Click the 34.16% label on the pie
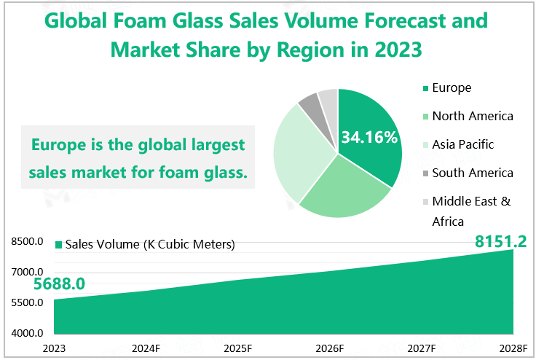tap(369, 137)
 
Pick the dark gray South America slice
tap(310, 106)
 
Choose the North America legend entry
tap(472, 116)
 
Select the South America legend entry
tap(472, 173)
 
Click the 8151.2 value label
tap(500, 241)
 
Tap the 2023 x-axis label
tap(54, 348)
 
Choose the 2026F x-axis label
tap(330, 348)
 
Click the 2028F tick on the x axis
tap(513, 348)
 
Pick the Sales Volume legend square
tap(59, 245)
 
